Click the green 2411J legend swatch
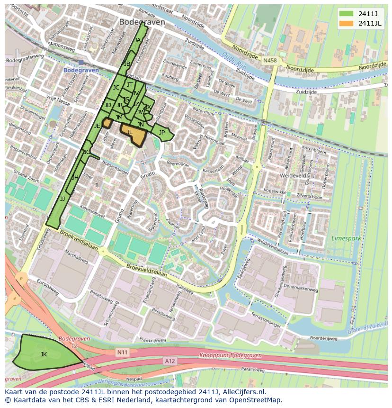(x=346, y=13)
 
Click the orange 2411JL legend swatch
(x=346, y=23)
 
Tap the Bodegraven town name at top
(x=142, y=22)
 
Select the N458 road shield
(x=270, y=61)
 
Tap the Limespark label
(x=346, y=238)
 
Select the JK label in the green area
(x=44, y=354)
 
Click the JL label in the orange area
(x=129, y=132)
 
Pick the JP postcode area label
(x=162, y=133)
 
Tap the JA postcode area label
(x=137, y=40)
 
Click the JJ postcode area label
(x=62, y=199)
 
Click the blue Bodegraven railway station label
(x=81, y=70)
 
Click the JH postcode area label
(x=75, y=178)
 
